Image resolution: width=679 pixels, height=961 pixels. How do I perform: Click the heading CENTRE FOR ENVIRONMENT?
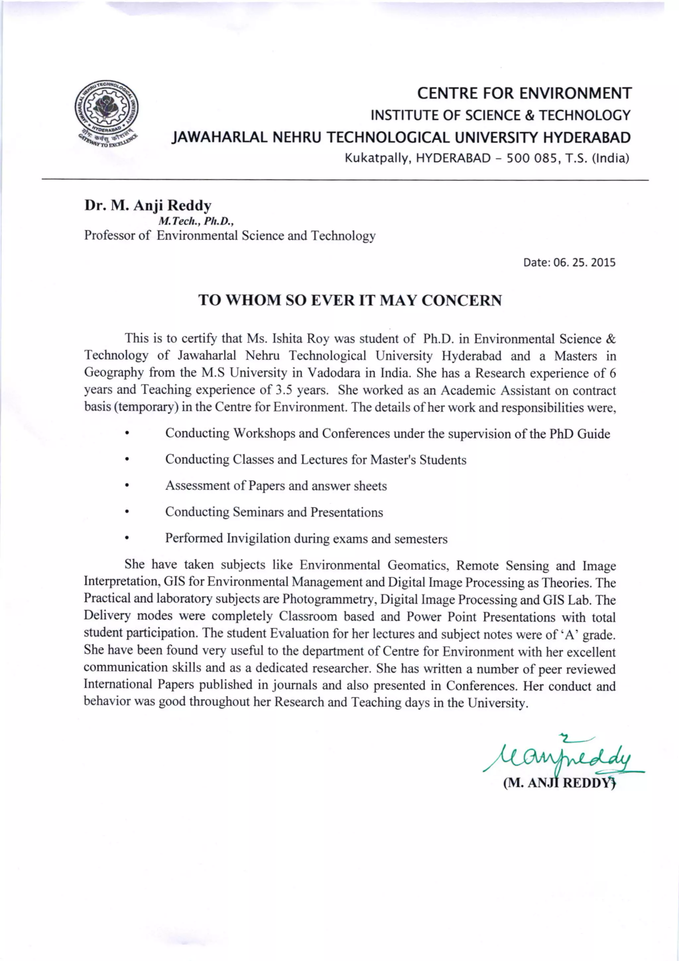coord(524,93)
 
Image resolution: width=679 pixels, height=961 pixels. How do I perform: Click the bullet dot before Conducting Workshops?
coord(126,434)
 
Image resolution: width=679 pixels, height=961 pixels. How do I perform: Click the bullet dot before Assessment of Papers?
coord(126,486)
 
